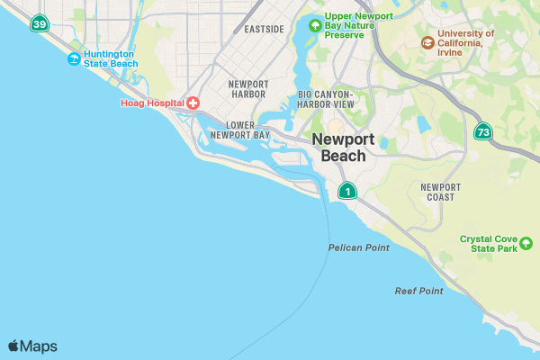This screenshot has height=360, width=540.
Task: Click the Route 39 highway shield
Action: [39, 24]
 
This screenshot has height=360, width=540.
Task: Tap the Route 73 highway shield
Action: [483, 132]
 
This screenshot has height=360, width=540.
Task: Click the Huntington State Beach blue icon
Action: [74, 59]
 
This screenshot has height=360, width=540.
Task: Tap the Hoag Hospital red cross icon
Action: [193, 103]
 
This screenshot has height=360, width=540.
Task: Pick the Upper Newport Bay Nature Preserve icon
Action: [314, 25]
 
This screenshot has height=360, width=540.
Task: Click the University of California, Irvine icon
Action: [427, 41]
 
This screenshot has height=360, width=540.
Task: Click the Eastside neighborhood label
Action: [264, 29]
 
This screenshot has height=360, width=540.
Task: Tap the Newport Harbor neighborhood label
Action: [248, 88]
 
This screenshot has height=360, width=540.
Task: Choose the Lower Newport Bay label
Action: [239, 130]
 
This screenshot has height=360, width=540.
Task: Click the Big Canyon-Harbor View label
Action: [326, 99]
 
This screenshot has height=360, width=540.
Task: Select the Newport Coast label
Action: [440, 192]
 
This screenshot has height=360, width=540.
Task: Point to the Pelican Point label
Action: [358, 247]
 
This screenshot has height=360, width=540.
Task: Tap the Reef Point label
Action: [418, 291]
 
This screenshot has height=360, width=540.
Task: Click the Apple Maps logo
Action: [32, 346]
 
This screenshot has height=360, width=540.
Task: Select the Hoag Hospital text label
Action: [152, 103]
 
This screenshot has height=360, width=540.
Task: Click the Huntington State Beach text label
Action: [111, 59]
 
